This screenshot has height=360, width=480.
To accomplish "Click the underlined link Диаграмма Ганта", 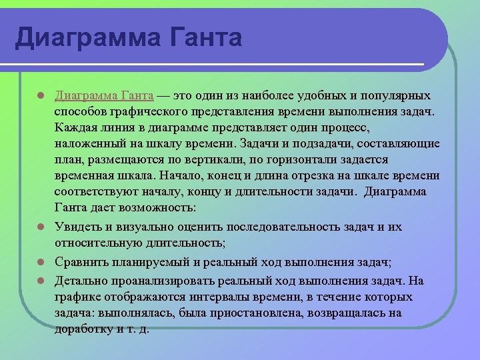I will click(x=104, y=95).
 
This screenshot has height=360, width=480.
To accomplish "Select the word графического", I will click(x=145, y=111).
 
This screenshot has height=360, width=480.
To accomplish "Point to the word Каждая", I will click(x=76, y=127).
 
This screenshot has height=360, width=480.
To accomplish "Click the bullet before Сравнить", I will click(x=41, y=262).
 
